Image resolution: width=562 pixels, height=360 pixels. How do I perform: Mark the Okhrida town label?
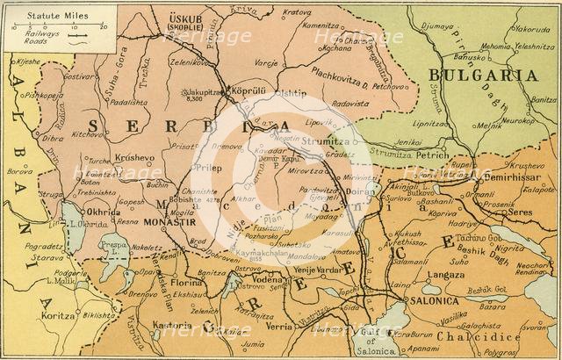pyautogui.click(x=103, y=212)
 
